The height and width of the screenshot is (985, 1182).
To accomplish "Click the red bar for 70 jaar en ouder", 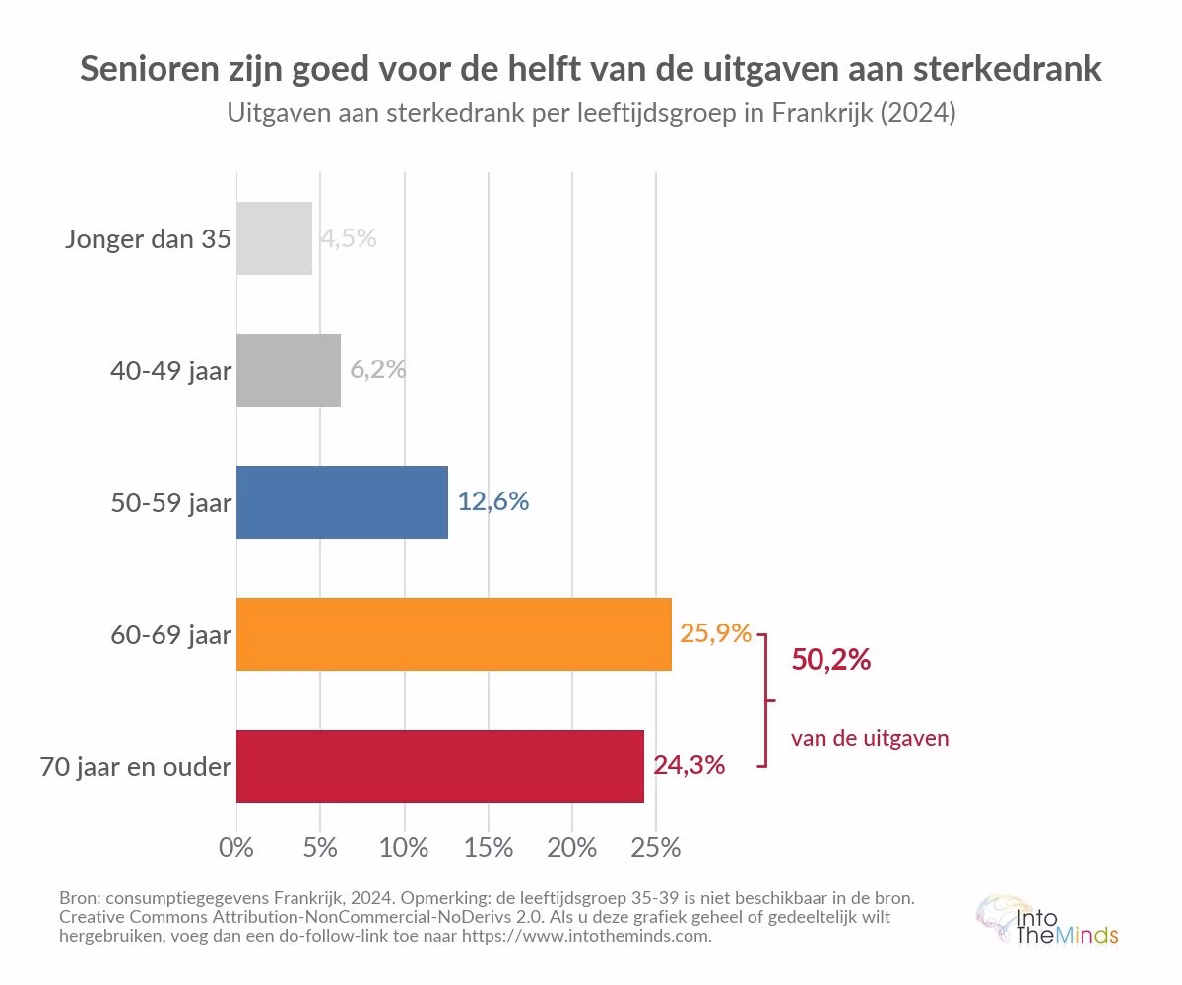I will tap(439, 766).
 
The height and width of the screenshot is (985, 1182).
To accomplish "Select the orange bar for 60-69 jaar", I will tap(453, 634).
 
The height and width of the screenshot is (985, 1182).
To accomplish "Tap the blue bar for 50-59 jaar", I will tap(342, 502).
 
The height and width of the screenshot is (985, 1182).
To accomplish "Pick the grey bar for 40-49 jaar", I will tap(289, 370).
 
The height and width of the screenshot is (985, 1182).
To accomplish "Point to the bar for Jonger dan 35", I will tap(274, 238).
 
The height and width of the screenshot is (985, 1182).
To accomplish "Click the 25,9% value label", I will tap(716, 633).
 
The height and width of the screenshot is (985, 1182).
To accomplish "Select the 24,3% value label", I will tap(689, 765).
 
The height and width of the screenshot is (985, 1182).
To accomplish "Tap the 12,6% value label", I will tap(493, 501).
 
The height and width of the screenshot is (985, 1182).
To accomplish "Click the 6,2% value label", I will tap(378, 369).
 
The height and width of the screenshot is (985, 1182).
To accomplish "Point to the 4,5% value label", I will tap(349, 238).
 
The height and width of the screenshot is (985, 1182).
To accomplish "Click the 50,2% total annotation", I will tap(830, 660).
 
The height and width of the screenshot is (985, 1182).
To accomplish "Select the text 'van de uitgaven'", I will tap(870, 738).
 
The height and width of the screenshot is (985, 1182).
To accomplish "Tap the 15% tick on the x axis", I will tap(489, 847).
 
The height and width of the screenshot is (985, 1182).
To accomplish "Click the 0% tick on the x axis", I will tap(236, 847).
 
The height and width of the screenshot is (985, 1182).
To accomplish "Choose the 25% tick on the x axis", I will tap(656, 847).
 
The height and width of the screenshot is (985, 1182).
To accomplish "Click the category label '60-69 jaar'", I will tap(171, 635).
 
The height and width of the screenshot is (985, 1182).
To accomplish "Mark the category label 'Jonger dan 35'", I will tap(149, 239).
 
